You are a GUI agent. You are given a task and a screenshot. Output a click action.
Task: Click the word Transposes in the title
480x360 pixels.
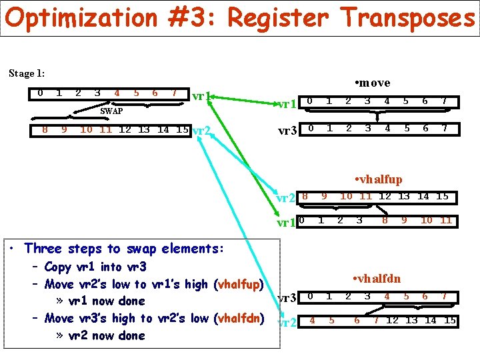[409, 19]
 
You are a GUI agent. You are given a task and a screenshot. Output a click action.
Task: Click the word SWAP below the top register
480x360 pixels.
[111, 111]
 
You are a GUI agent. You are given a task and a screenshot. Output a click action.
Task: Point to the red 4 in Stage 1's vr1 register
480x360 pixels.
[117, 93]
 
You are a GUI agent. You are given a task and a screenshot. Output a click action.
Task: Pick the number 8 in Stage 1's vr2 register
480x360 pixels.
[45, 129]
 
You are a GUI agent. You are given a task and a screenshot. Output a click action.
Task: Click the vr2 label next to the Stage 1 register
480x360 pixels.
[201, 130]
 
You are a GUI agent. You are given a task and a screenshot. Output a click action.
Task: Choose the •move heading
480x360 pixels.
[373, 83]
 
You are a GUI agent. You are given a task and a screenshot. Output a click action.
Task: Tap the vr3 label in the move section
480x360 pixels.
[287, 131]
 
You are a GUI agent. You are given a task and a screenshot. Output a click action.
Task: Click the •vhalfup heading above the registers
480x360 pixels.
[378, 179]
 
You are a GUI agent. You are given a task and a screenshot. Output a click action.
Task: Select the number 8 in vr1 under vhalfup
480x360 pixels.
[385, 220]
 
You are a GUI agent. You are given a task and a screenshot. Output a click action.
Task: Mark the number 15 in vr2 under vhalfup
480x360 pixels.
[442, 196]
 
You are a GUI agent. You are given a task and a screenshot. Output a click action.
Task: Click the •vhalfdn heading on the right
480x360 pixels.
[377, 278]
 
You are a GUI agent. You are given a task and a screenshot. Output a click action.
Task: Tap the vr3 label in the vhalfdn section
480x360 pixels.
[286, 298]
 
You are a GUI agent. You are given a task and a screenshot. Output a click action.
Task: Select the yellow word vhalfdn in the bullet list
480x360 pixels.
[241, 319]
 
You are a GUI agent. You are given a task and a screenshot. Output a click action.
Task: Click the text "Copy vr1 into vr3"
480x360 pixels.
[95, 267]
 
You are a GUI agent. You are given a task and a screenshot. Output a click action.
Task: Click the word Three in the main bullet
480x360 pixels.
[43, 249]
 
